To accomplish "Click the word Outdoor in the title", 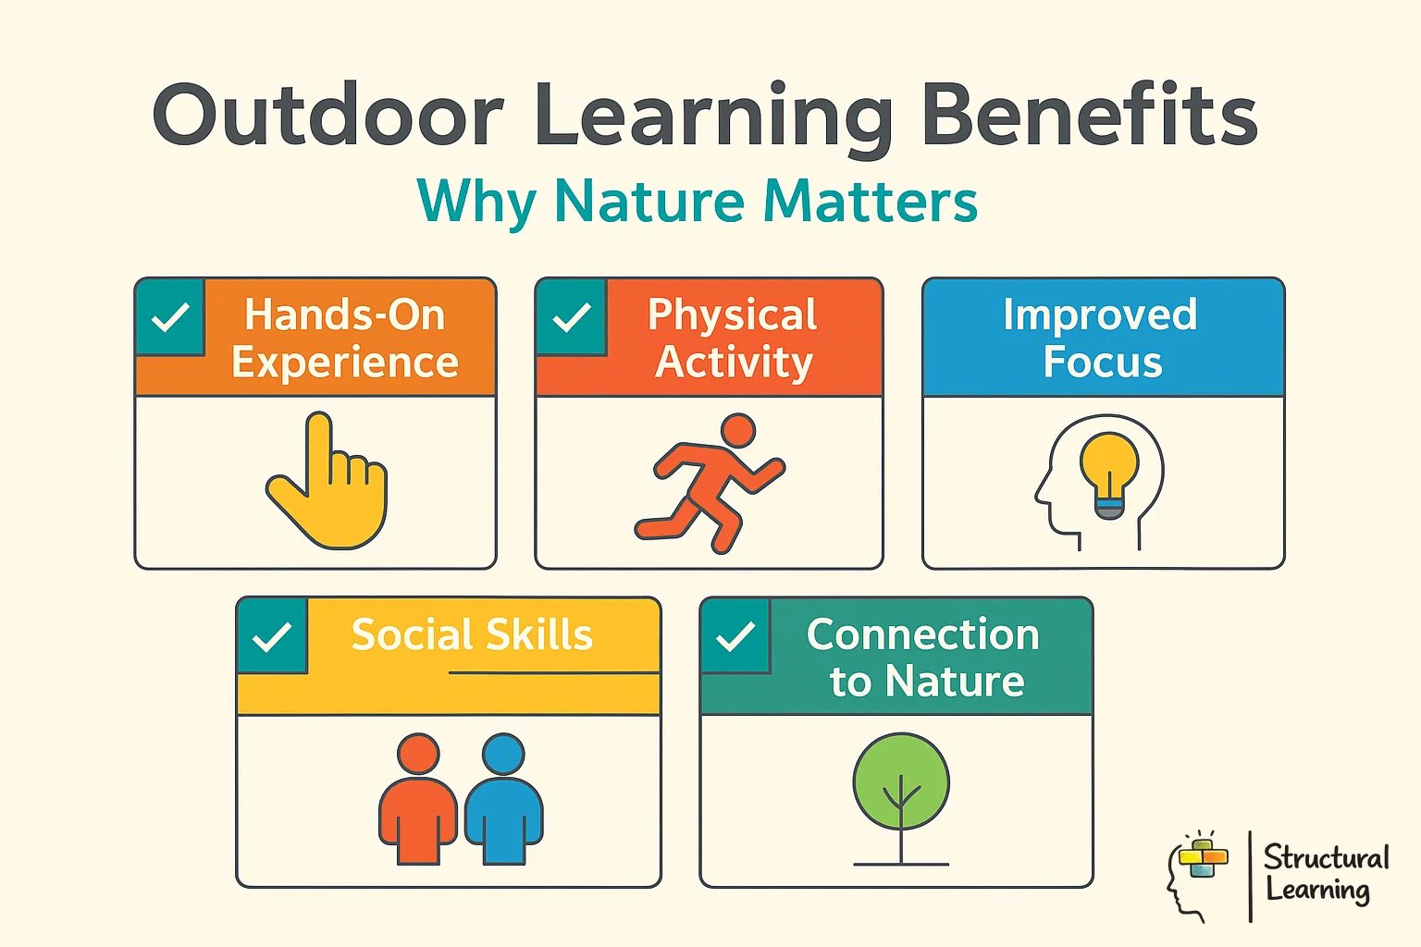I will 328,116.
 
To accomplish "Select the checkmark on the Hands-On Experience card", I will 170,317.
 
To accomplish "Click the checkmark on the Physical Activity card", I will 572,317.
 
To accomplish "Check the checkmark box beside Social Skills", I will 272,636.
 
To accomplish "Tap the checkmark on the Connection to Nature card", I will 735,636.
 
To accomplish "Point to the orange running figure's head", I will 737,431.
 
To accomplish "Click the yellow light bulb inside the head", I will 1109,467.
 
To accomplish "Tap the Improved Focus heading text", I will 1101,338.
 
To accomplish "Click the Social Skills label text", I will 472,635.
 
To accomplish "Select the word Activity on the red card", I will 734,362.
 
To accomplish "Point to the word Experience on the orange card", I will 345,362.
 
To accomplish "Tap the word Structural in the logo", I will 1326,857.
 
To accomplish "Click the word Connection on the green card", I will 922,634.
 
